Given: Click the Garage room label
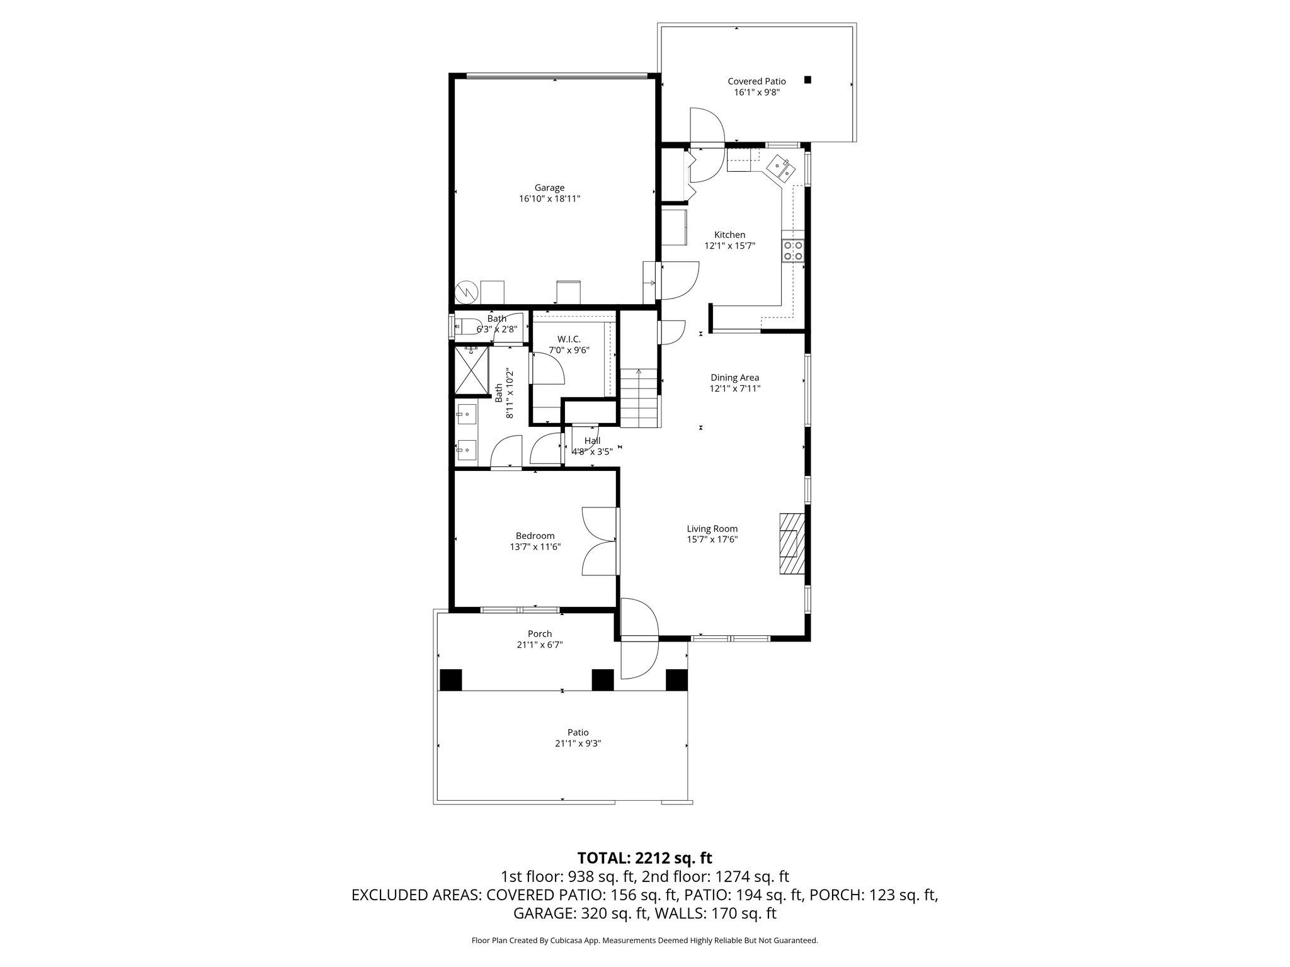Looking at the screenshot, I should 549,188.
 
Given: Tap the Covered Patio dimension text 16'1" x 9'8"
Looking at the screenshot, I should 756,93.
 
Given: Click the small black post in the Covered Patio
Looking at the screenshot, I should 808,80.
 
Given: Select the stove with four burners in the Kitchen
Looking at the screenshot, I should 792,251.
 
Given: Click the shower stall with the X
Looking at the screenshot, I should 472,371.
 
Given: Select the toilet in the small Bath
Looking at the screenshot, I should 465,327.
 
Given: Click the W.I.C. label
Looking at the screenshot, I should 568,339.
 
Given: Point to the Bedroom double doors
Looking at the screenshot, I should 598,540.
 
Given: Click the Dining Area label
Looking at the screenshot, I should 734,378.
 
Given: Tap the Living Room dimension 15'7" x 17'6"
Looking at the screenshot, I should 712,540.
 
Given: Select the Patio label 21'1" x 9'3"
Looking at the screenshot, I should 578,744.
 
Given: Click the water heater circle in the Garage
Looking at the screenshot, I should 467,292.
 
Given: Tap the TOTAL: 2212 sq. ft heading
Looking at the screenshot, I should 644,857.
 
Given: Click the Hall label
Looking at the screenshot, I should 592,441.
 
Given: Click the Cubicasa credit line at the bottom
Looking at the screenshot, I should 644,941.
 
